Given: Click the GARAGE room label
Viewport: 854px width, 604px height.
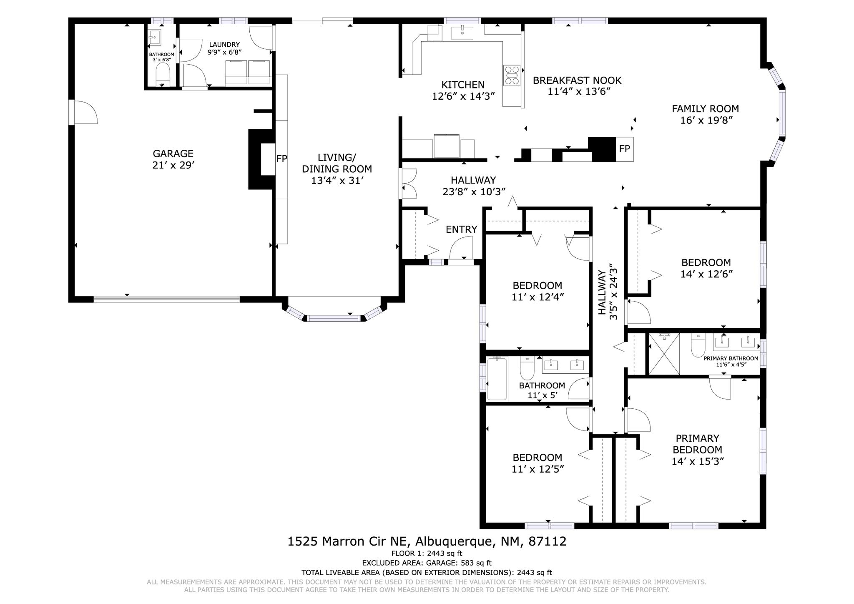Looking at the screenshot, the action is click(x=173, y=154).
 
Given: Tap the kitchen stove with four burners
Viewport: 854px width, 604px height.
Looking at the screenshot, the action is click(x=512, y=75).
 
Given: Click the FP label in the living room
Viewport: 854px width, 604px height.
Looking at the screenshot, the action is click(x=281, y=159).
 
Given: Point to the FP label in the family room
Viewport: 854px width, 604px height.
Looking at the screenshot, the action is click(x=624, y=148).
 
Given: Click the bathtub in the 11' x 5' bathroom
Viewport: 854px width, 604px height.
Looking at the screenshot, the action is click(x=497, y=379).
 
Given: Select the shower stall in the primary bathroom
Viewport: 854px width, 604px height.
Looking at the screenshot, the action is click(x=664, y=354).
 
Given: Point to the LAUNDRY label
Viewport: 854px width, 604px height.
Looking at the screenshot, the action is click(x=224, y=45).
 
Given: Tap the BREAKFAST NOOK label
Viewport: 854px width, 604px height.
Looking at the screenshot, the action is click(x=577, y=80).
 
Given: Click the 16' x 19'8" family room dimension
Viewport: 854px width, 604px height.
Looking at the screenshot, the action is click(x=706, y=121).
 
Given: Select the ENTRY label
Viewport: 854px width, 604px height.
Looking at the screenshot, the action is click(x=461, y=229).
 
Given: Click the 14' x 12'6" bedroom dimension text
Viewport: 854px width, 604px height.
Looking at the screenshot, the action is click(x=706, y=274).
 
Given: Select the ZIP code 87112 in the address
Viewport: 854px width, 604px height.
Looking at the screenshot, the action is click(x=548, y=541).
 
